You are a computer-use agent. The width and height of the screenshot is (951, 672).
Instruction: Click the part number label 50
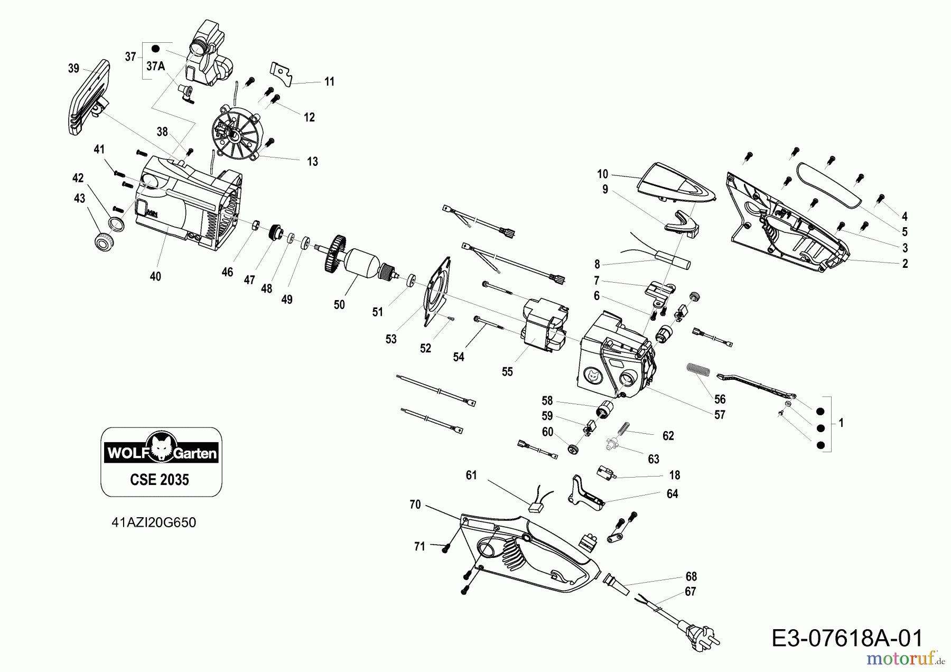coord(339,305)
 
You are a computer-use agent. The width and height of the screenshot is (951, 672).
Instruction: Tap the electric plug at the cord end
coord(699,636)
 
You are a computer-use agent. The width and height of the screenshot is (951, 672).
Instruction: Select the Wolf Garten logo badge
coord(161,453)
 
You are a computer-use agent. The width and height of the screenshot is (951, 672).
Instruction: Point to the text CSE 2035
coord(159,480)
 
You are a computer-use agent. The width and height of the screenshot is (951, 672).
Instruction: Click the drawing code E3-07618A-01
coord(847,638)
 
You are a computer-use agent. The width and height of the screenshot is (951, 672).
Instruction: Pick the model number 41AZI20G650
coord(154,522)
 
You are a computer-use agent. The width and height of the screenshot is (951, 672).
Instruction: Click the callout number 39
coord(73,69)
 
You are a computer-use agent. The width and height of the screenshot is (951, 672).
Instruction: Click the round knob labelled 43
coord(102,241)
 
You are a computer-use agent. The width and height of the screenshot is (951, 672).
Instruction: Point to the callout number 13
coord(312,162)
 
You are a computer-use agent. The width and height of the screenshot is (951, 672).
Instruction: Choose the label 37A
coord(155,66)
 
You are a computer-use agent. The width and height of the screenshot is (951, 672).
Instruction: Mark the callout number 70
coord(415,505)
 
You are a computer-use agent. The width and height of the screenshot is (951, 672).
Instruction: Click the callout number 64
coord(672,494)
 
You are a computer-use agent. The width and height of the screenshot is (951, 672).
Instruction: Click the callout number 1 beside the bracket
coord(841,423)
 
